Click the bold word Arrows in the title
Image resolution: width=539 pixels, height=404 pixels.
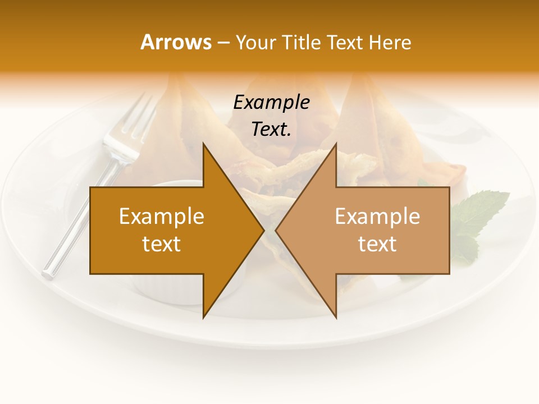[176, 42]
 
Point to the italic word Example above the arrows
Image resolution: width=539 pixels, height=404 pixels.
[271, 102]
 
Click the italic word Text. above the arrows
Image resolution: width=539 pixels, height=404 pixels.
[271, 129]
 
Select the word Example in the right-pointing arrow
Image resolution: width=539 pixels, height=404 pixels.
[162, 216]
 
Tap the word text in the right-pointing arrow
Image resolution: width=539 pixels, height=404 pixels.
[162, 244]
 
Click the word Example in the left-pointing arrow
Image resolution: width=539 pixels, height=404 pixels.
[377, 216]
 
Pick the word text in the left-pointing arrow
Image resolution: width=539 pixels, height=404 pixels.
[377, 244]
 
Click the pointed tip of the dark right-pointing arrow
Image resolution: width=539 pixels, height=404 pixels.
[263, 230]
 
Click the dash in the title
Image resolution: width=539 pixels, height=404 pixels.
[223, 43]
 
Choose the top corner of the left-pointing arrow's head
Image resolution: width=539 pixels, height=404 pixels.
[336, 144]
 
